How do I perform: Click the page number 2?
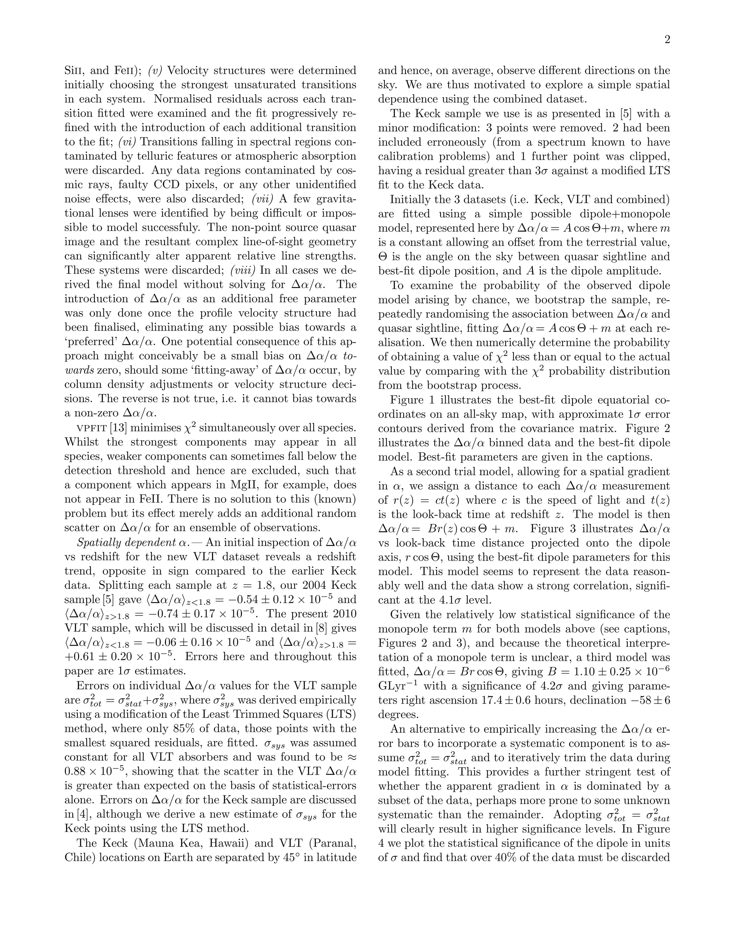[x=667, y=40]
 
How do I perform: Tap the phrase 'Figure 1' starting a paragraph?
[x=411, y=400]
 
